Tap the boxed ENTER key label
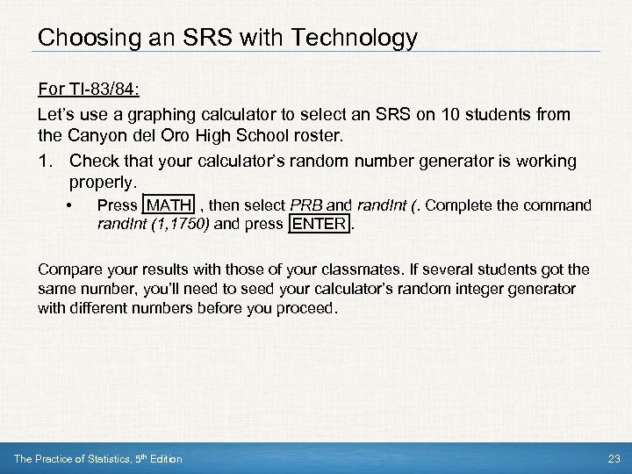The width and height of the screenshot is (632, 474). pos(320,223)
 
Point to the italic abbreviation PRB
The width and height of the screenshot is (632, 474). pos(306,205)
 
